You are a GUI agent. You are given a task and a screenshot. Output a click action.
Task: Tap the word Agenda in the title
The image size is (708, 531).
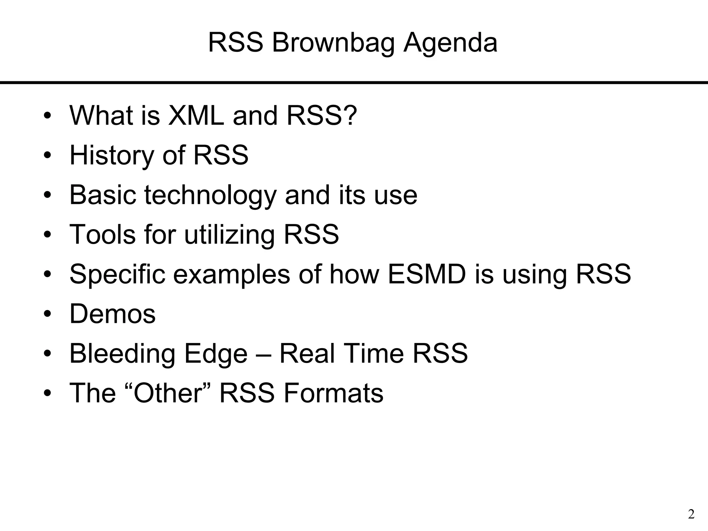pyautogui.click(x=450, y=43)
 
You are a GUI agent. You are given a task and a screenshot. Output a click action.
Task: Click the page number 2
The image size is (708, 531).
pyautogui.click(x=691, y=514)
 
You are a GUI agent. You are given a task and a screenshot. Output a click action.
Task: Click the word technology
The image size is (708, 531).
pyautogui.click(x=210, y=195)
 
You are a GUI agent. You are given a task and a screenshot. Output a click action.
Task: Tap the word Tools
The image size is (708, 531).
pyautogui.click(x=103, y=234)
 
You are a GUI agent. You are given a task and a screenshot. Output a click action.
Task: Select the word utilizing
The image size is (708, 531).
pyautogui.click(x=229, y=234)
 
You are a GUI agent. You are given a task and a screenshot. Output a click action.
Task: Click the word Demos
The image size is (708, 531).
pyautogui.click(x=112, y=314)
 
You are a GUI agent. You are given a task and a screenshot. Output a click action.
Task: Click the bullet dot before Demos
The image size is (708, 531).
pyautogui.click(x=47, y=314)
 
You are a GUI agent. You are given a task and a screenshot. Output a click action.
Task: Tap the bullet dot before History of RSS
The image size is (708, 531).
pyautogui.click(x=47, y=155)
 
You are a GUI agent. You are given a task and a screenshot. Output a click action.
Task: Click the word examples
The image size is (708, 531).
pyautogui.click(x=231, y=274)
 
